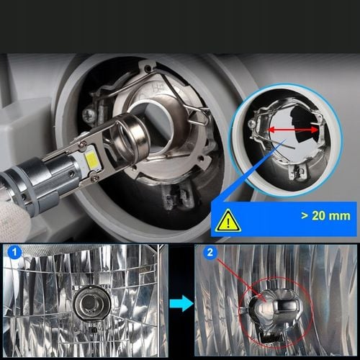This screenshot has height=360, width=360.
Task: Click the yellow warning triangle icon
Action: (228, 221)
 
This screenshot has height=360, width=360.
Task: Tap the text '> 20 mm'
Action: (325, 216)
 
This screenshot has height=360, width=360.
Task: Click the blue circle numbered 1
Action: (14, 253)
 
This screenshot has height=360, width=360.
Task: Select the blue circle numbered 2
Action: (210, 253)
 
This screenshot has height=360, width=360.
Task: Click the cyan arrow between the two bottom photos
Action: (181, 303)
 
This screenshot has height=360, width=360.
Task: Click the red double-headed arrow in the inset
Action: (293, 130)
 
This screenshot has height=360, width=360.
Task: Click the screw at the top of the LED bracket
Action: (83, 143)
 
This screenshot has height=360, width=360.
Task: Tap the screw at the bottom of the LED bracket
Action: (96, 178)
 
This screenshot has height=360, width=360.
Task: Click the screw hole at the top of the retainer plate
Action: (149, 69)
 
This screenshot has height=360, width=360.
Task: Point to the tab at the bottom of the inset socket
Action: (297, 172)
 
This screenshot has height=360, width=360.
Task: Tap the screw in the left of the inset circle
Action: (251, 125)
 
